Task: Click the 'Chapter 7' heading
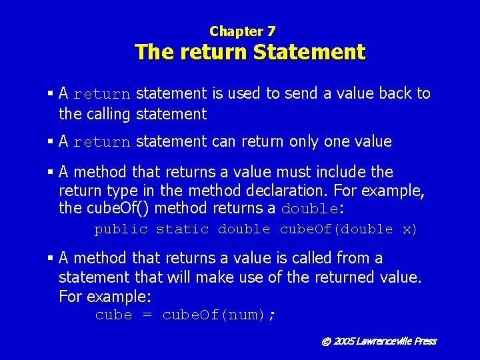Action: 242,31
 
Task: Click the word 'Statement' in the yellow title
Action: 309,52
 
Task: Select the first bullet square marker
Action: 51,94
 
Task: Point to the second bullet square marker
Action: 51,142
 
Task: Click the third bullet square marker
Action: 51,173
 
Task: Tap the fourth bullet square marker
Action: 51,259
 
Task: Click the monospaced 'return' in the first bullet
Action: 102,95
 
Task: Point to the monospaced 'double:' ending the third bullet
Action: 313,209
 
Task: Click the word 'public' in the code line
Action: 121,229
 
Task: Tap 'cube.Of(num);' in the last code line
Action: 219,315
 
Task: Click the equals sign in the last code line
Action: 147,315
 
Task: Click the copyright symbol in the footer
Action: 326,341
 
